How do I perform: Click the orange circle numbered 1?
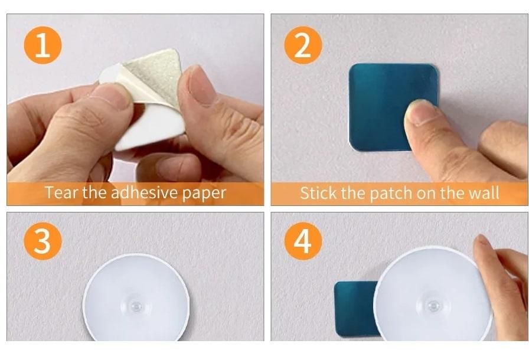point(43,45)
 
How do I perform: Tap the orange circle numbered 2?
point(303,45)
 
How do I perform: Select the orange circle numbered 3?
point(43,241)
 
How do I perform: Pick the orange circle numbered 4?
point(303,241)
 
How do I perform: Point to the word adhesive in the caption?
point(145,192)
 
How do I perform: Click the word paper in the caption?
point(204,194)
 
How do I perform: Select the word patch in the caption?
point(391,194)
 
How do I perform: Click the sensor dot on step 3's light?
point(136,306)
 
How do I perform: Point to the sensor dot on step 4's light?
point(434,306)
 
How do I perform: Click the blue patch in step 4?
point(355,309)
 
